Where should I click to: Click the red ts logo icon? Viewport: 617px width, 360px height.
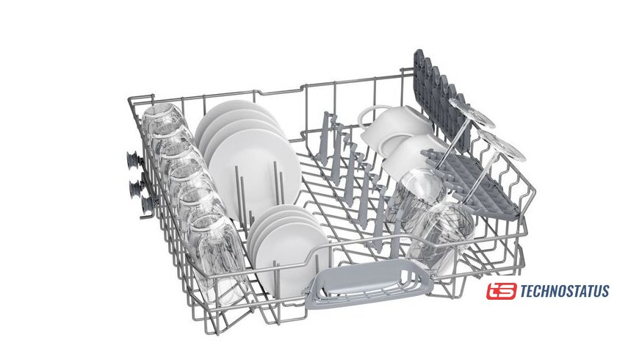[x=501, y=291]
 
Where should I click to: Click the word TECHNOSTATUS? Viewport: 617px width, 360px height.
[x=565, y=291]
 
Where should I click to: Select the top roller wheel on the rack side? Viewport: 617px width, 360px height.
[x=134, y=160]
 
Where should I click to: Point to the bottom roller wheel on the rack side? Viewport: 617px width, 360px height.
[x=146, y=206]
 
